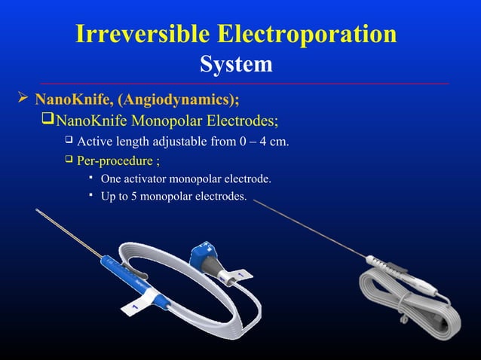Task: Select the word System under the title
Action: pos(236,65)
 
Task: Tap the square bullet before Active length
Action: pos(68,141)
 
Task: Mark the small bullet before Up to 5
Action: pos(90,196)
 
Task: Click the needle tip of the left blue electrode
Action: pos(37,202)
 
